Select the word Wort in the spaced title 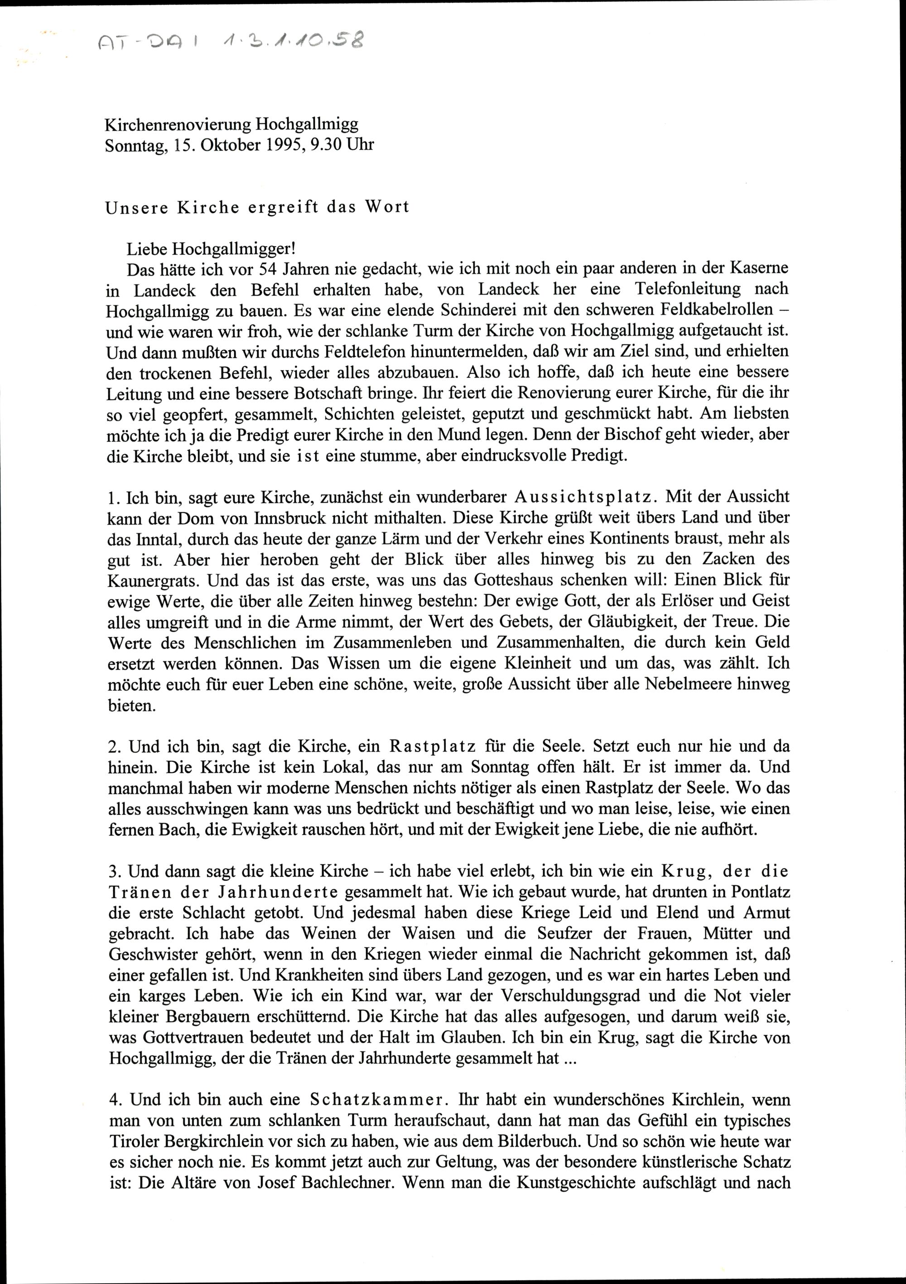(x=387, y=207)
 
